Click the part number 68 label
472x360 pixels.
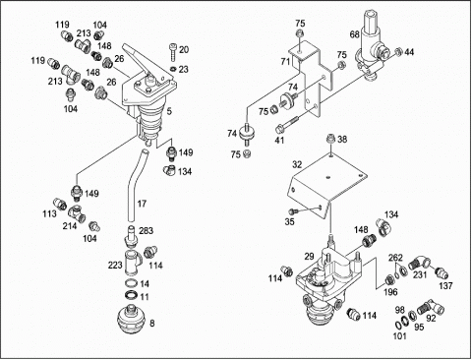(x=355, y=34)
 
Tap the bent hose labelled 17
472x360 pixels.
(x=132, y=185)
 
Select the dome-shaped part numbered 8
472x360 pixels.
(x=131, y=319)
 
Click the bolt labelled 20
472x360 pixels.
(x=174, y=52)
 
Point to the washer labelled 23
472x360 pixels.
(x=174, y=69)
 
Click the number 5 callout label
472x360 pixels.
(x=169, y=111)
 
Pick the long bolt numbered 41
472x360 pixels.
(x=287, y=124)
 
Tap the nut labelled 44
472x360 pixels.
(x=398, y=51)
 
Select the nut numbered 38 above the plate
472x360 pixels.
(x=331, y=139)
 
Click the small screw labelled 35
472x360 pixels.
(x=291, y=211)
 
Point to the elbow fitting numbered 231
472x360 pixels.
(x=420, y=263)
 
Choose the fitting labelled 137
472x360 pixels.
(x=441, y=272)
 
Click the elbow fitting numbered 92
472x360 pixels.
(x=431, y=307)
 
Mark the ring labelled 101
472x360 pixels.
(x=397, y=325)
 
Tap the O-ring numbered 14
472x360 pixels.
(x=132, y=283)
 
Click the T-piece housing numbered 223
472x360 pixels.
(x=133, y=264)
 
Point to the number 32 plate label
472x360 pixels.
(x=297, y=164)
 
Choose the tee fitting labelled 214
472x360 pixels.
(x=77, y=212)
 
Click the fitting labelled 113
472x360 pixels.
(x=60, y=203)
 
